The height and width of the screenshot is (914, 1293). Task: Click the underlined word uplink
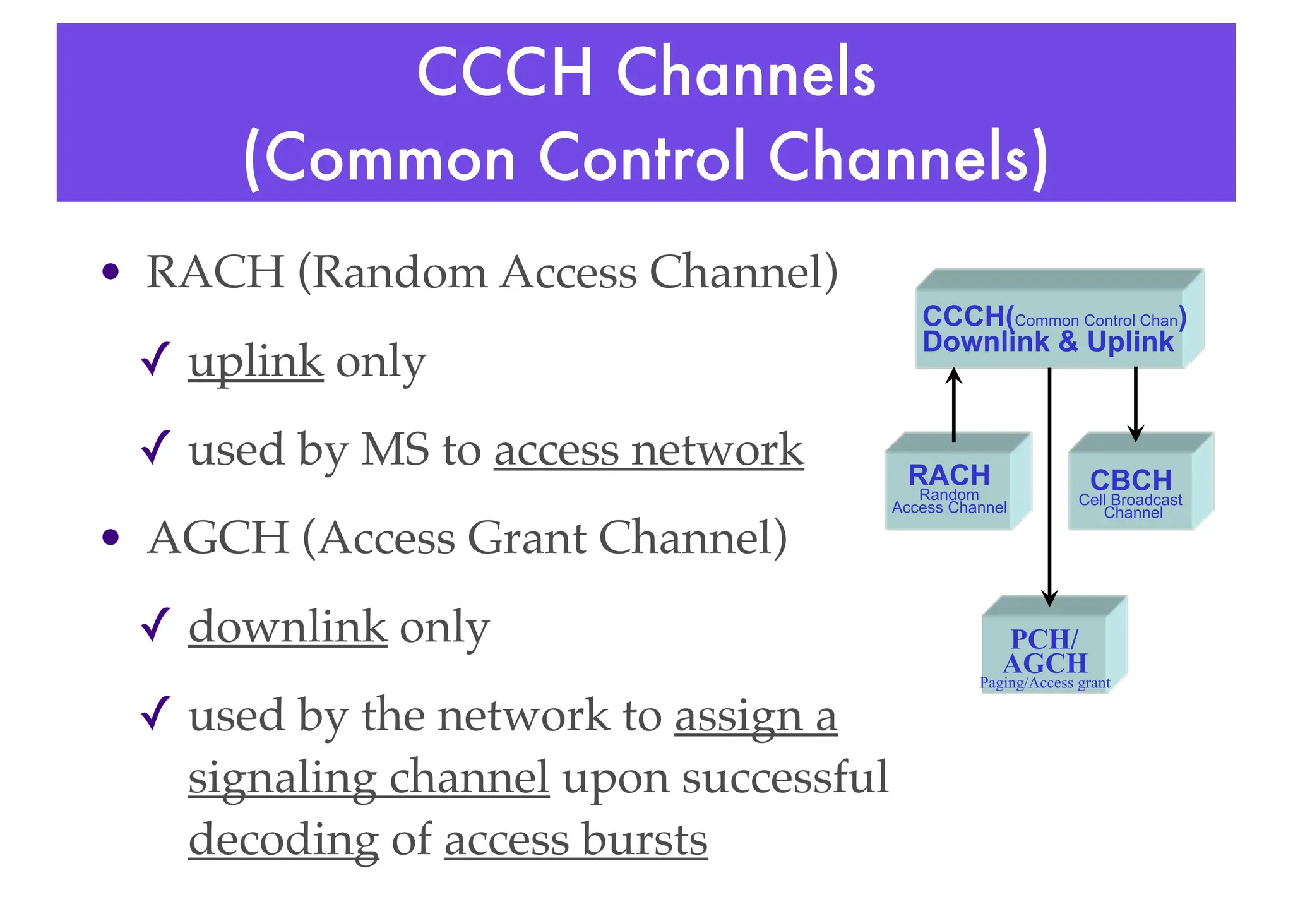[x=256, y=362]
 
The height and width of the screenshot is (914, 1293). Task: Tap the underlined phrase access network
[x=648, y=451]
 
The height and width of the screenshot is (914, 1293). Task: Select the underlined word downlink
[x=287, y=627]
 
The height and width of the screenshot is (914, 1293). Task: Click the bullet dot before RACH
[x=110, y=272]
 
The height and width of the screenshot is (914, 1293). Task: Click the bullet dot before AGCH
[x=110, y=537]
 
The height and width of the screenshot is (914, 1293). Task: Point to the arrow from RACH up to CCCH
[x=954, y=404]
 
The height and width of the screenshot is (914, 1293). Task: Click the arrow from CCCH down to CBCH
[x=1136, y=404]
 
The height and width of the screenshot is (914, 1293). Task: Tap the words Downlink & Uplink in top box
[x=1047, y=342]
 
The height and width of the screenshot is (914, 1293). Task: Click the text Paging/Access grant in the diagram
[x=1045, y=683]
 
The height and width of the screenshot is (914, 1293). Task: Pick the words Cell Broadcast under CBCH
[x=1130, y=500]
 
